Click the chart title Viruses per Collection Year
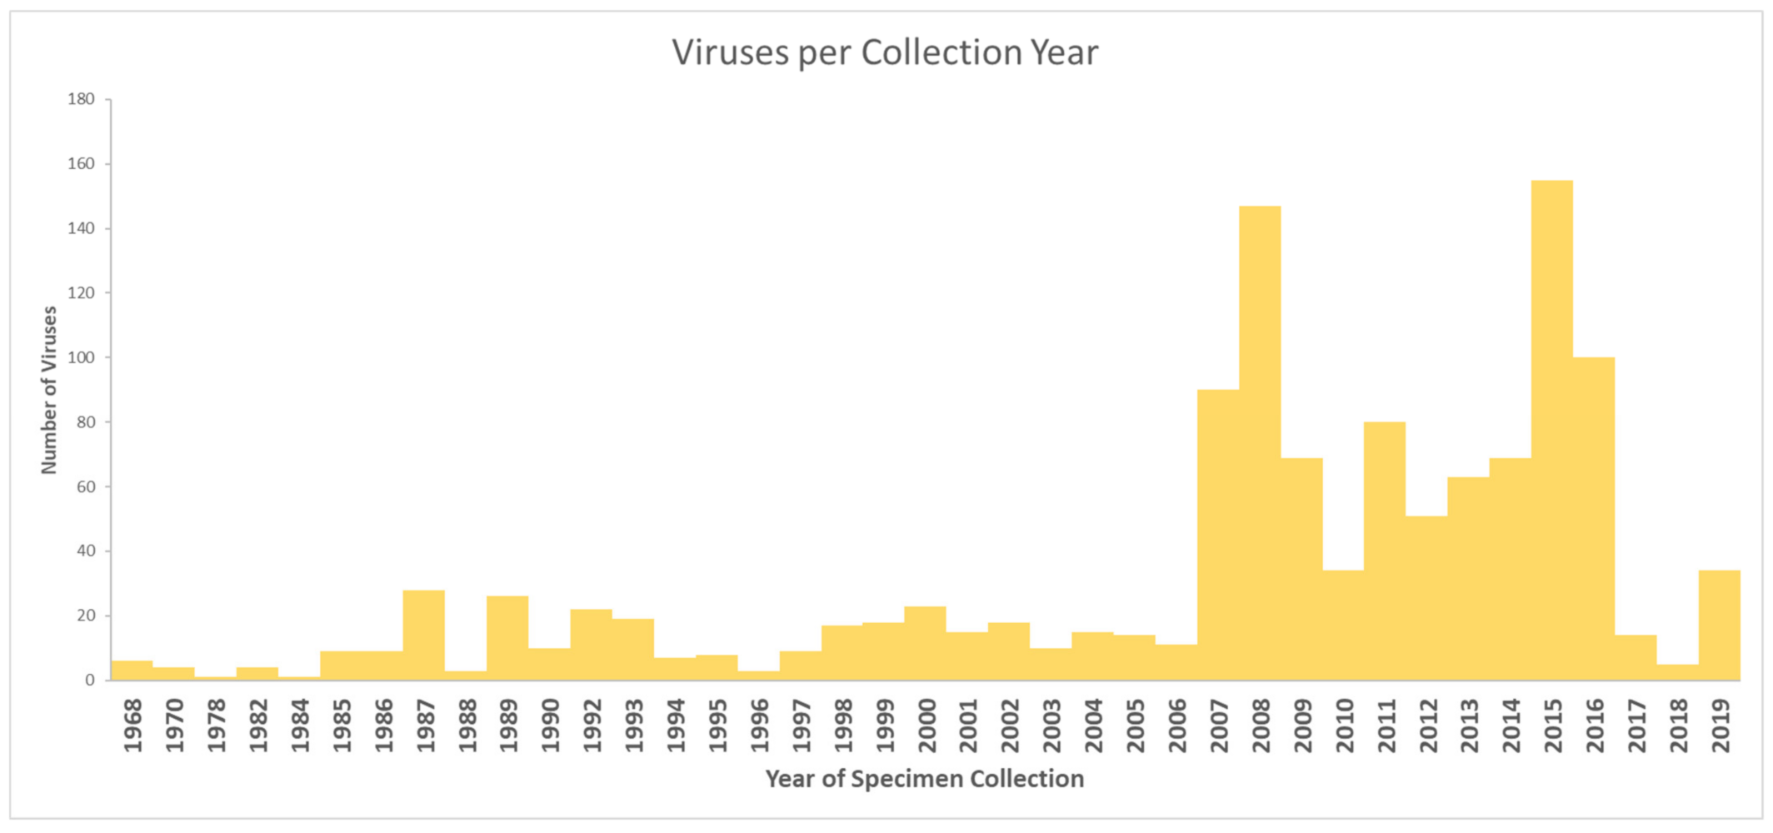[885, 52]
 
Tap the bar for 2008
[1260, 442]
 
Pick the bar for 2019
[1720, 625]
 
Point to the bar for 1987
[424, 635]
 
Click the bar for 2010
[1343, 625]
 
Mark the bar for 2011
[1385, 551]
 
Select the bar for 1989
[507, 638]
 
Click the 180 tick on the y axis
[82, 99]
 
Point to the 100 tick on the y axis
[82, 357]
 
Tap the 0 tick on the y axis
[90, 681]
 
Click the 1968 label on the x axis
[132, 726]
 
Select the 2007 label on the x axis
[1219, 726]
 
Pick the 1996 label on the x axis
[759, 726]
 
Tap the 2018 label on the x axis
[1678, 726]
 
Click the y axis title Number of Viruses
[49, 390]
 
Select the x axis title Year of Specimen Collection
[925, 779]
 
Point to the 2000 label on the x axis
[926, 726]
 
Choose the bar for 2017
[1636, 658]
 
